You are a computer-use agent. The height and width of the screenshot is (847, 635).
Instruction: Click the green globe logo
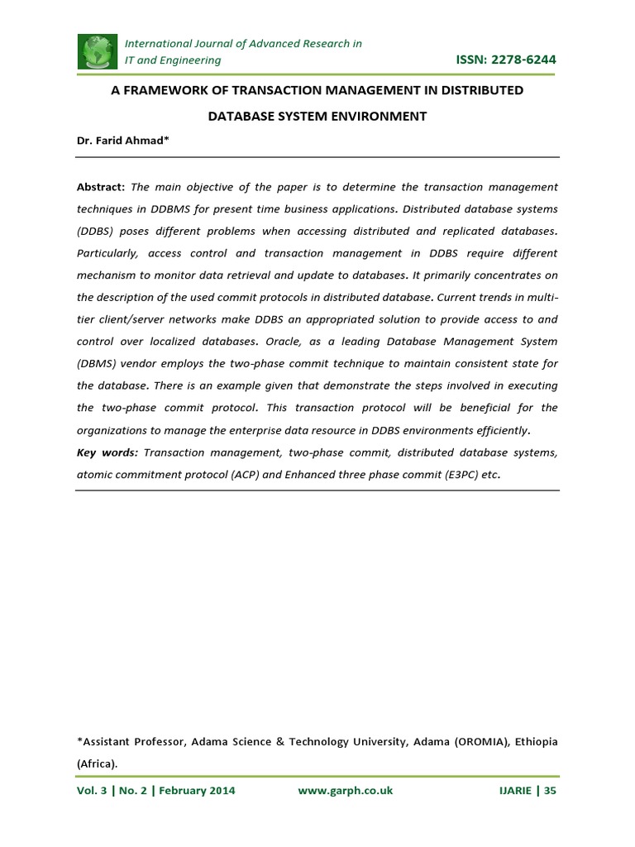click(98, 51)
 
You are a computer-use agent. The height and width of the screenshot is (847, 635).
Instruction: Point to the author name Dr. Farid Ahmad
click(122, 141)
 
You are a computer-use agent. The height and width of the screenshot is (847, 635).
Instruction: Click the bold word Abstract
click(100, 188)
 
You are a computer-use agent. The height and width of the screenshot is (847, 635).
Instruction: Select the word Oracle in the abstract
click(299, 342)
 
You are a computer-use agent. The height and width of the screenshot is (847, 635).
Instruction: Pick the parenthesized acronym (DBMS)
click(98, 364)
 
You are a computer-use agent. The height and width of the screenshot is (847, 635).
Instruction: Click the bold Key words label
click(106, 452)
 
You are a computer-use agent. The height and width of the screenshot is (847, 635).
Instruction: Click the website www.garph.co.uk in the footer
click(345, 791)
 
